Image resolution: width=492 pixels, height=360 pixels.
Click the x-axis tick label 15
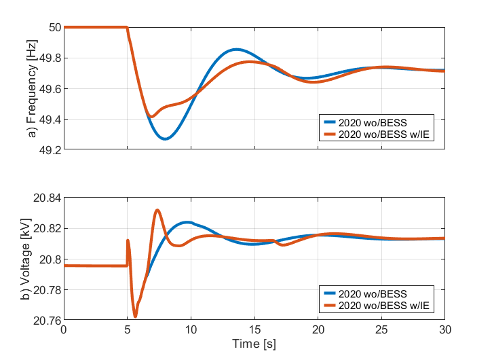[x=254, y=330]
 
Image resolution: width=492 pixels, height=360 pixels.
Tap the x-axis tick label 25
[x=381, y=330]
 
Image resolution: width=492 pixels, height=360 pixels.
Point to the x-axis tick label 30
[x=445, y=330]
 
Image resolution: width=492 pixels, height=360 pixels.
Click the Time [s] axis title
[x=254, y=344]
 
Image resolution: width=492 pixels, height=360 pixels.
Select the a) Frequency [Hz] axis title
[x=31, y=89]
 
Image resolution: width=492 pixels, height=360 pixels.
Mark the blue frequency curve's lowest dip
[x=165, y=139]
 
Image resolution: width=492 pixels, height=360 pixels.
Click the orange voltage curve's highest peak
[x=157, y=210]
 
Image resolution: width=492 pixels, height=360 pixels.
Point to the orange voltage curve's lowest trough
[x=135, y=316]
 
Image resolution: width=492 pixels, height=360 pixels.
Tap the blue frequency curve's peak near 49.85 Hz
[x=236, y=49]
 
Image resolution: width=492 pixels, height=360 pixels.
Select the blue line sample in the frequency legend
[x=330, y=122]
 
